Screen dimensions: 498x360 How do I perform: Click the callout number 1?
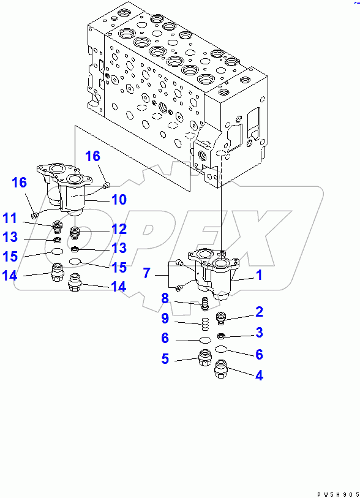[259, 276]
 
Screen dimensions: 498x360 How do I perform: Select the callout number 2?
[259, 312]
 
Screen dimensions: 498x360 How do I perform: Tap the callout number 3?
[259, 333]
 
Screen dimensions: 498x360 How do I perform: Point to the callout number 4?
[259, 375]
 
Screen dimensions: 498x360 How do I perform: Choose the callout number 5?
[165, 359]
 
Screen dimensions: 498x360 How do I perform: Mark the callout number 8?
[165, 298]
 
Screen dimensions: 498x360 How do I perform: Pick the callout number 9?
[165, 319]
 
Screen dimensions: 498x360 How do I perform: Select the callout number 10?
[118, 199]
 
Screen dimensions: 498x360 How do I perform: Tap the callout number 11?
[9, 217]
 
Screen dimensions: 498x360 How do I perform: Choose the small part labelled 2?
[222, 317]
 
